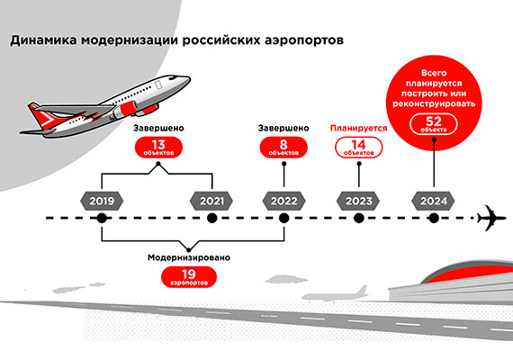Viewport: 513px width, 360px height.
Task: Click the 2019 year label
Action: pyautogui.click(x=102, y=199)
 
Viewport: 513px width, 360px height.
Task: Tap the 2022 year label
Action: pyautogui.click(x=283, y=199)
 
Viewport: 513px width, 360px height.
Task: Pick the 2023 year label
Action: pyautogui.click(x=358, y=199)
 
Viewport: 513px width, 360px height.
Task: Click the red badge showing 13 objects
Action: pyautogui.click(x=160, y=148)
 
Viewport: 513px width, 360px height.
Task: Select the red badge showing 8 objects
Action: pyautogui.click(x=283, y=148)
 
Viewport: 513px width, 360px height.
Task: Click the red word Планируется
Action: pyautogui.click(x=358, y=128)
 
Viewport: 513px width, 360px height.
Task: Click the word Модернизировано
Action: pyautogui.click(x=188, y=257)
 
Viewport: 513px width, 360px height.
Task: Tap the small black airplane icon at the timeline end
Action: pyautogui.click(x=492, y=218)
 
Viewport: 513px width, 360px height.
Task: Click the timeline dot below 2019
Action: pyautogui.click(x=102, y=219)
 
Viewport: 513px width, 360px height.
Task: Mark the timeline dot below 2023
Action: pyautogui.click(x=358, y=219)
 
